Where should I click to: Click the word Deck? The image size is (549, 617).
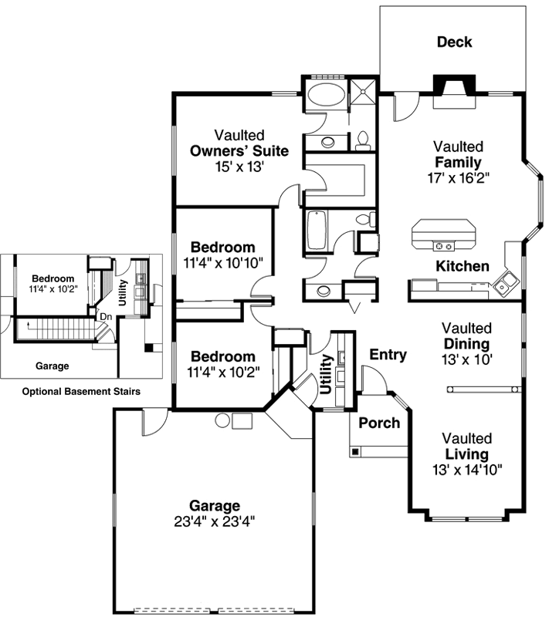tap(454, 42)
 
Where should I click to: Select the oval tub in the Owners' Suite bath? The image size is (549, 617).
tap(327, 97)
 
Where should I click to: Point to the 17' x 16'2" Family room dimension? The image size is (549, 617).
tap(458, 177)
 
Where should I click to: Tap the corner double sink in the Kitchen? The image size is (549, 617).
tap(507, 282)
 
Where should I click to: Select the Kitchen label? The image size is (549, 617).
tap(463, 266)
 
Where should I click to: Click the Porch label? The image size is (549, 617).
tap(379, 423)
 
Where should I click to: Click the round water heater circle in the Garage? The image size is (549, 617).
tap(222, 420)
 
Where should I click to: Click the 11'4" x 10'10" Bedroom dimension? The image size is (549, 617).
tap(222, 262)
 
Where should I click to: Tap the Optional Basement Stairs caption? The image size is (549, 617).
tap(81, 392)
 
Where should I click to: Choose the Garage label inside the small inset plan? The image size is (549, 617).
tap(53, 366)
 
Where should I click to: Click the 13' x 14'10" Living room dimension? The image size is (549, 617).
tap(468, 468)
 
